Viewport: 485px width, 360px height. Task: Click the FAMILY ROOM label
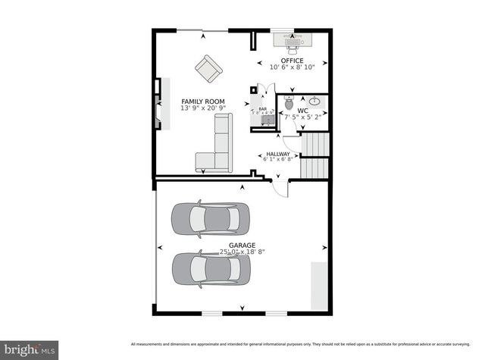[203, 101]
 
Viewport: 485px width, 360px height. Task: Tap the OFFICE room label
[292, 61]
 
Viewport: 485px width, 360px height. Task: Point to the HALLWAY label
[277, 154]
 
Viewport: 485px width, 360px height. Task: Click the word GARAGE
[242, 246]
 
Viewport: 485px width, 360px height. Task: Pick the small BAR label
[263, 109]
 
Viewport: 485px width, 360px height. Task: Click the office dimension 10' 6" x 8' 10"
[292, 67]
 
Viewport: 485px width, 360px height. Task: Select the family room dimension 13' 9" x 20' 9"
[203, 108]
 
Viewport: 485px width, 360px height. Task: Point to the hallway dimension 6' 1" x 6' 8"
[277, 159]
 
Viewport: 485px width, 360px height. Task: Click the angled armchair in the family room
[208, 69]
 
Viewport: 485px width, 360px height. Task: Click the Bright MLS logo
[29, 349]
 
